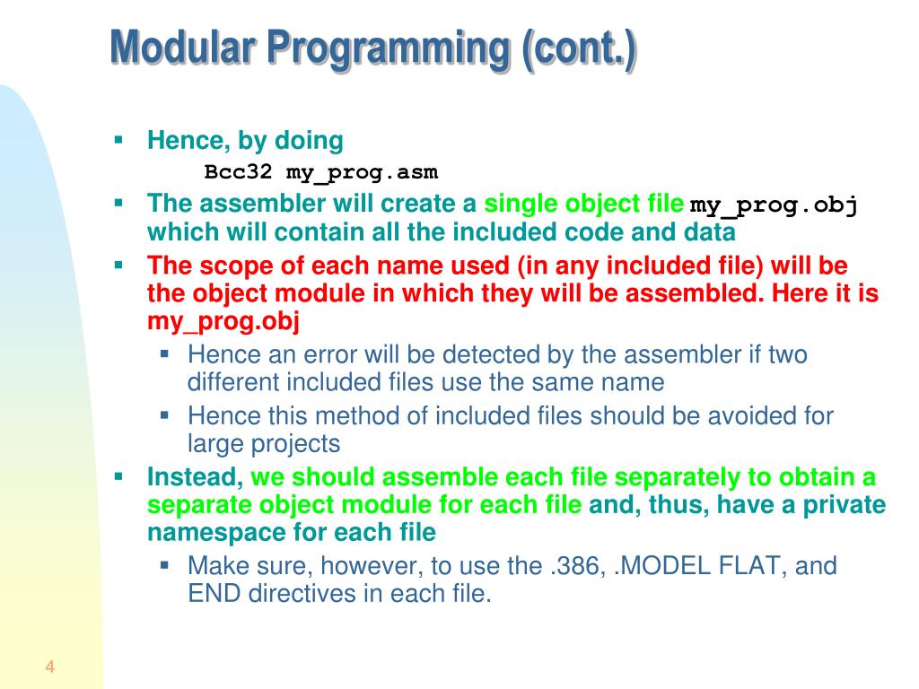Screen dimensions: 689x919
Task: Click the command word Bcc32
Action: [232, 171]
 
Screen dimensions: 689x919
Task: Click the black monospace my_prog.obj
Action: [774, 205]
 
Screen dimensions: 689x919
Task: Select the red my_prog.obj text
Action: [223, 321]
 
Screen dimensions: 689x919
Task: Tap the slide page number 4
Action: [49, 667]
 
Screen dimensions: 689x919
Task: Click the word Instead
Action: [195, 476]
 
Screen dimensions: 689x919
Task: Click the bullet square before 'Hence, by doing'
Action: [118, 140]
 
